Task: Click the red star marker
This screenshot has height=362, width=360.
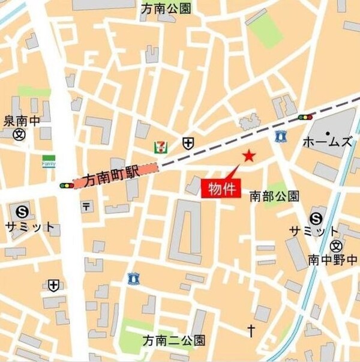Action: pyautogui.click(x=249, y=156)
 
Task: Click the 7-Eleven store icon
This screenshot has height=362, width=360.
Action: pyautogui.click(x=160, y=145)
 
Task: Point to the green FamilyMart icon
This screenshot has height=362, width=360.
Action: pyautogui.click(x=49, y=161)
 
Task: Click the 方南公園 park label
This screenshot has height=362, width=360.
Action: pyautogui.click(x=166, y=8)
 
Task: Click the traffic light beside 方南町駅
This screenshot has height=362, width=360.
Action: pyautogui.click(x=65, y=186)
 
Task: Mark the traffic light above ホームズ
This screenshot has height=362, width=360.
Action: pyautogui.click(x=305, y=117)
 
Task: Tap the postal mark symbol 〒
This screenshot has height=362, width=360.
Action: pyautogui.click(x=87, y=207)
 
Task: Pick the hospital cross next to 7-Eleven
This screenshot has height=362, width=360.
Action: pyautogui.click(x=188, y=143)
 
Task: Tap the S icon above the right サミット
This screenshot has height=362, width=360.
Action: pyautogui.click(x=316, y=218)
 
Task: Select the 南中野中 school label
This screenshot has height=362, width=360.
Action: pyautogui.click(x=333, y=260)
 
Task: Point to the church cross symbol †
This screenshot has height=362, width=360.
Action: pyautogui.click(x=251, y=329)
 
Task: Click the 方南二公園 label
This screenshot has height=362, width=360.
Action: pyautogui.click(x=173, y=340)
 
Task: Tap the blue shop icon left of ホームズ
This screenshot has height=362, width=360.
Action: pyautogui.click(x=279, y=136)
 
